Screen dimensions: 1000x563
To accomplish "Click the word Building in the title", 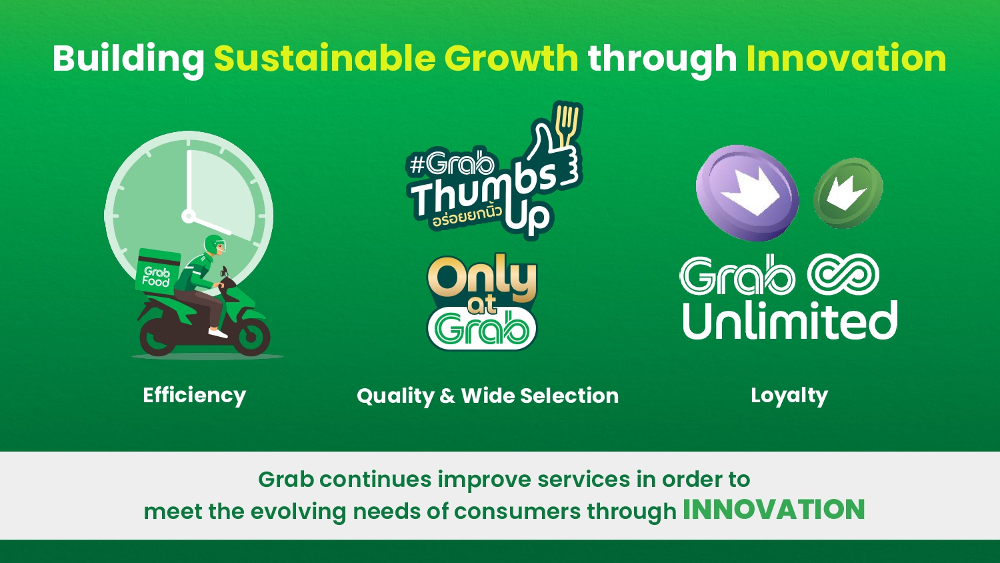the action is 129,59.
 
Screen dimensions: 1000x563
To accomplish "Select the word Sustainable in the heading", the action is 325,58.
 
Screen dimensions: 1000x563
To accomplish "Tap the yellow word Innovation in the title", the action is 847,58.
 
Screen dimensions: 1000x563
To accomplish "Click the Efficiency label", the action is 194,396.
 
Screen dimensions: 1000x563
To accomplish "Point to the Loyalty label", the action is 789,396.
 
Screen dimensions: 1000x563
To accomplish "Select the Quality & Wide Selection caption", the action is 488,396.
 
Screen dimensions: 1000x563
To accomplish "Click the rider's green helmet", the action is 215,245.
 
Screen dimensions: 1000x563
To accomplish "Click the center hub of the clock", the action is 189,217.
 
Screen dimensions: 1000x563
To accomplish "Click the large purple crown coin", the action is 747,193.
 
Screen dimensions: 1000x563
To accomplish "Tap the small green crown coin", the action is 848,193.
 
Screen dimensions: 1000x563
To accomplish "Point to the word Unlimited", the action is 790,320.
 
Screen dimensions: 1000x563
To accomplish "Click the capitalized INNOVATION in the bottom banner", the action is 773,510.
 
